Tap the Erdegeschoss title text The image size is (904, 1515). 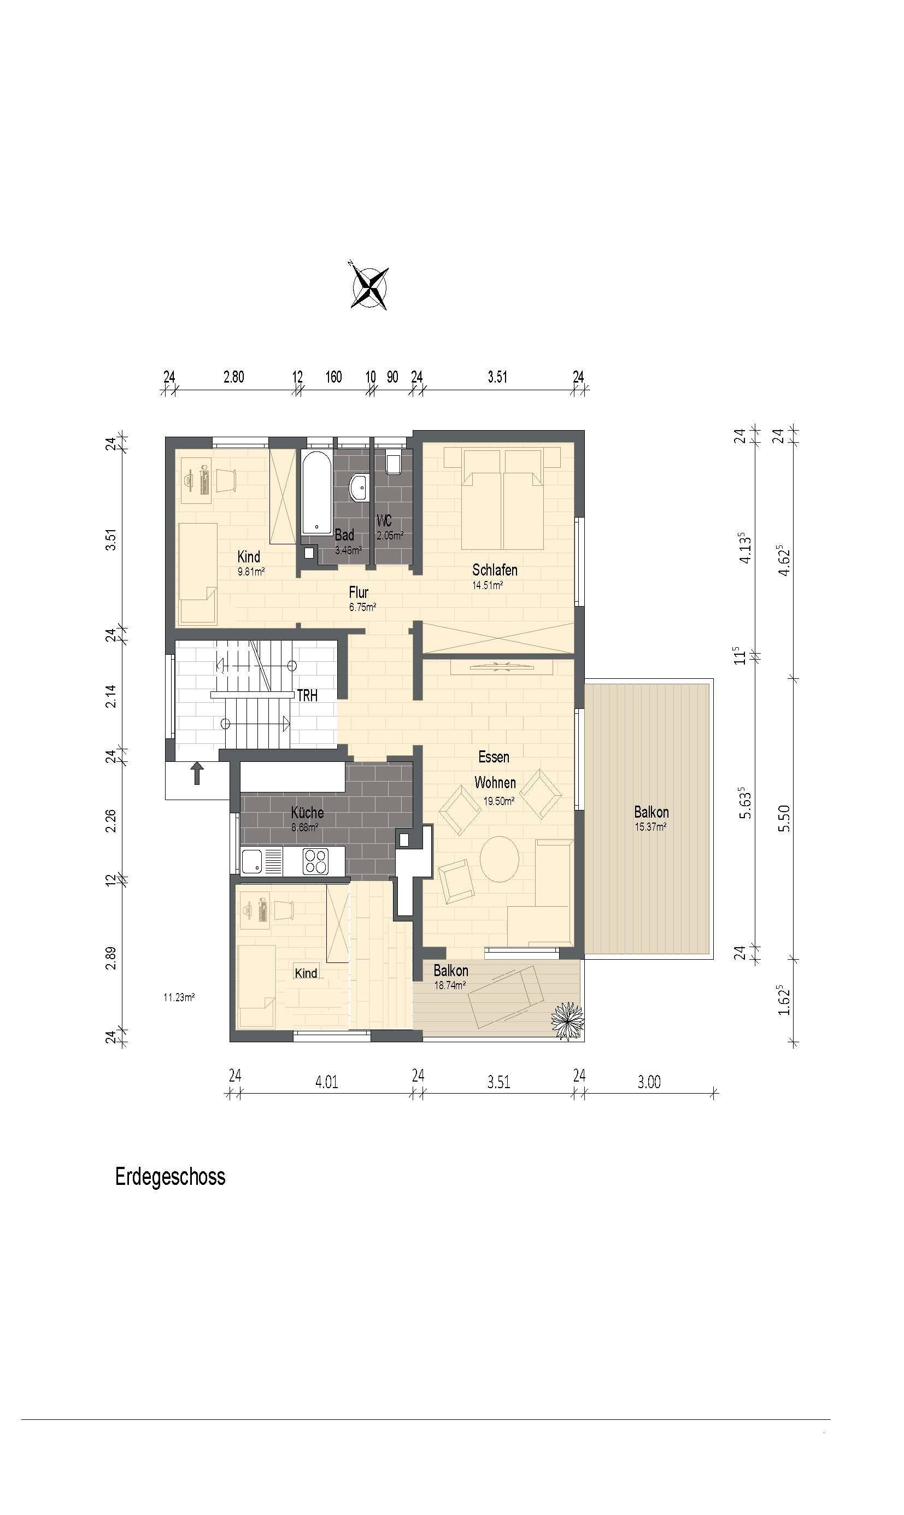pos(170,1176)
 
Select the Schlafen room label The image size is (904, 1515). pos(495,570)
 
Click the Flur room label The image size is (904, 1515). pos(359,592)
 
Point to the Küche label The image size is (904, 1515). pos(307,812)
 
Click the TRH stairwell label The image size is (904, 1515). pos(307,696)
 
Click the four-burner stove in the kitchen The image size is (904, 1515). pos(315,861)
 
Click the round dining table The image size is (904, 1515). pos(500,859)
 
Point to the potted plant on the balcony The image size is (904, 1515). pos(567,1021)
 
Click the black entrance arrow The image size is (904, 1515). pos(197,774)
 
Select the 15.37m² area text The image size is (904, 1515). pos(650,827)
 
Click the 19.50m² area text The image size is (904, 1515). pos(499,801)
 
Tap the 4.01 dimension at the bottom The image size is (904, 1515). pos(326,1082)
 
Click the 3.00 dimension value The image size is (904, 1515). pos(649,1082)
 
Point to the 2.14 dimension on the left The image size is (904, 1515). pos(111,696)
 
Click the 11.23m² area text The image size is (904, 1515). pos(179,997)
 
